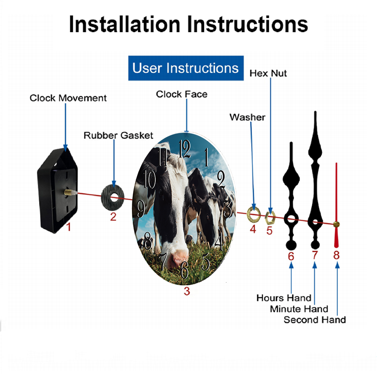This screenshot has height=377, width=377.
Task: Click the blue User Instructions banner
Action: [186, 68]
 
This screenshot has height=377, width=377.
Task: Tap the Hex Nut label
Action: [268, 74]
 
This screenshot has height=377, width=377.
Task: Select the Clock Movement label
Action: [68, 98]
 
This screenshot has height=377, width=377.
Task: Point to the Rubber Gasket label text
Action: [118, 135]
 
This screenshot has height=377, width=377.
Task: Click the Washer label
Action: [247, 117]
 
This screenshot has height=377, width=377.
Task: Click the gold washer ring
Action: [254, 214]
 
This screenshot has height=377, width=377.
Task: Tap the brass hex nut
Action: [270, 218]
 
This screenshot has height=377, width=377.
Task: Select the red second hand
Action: [336, 205]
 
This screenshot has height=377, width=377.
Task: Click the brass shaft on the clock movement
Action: [69, 193]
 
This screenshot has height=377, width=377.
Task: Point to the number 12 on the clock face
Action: [185, 149]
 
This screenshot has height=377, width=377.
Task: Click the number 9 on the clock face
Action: [141, 209]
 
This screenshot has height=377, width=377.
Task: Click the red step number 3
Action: [187, 291]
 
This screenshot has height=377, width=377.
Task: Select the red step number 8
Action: [336, 255]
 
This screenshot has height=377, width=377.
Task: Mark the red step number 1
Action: [69, 227]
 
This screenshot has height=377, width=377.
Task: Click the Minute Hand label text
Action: [299, 309]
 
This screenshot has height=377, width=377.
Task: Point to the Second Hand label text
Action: [315, 320]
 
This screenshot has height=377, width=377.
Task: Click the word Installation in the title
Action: [124, 24]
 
